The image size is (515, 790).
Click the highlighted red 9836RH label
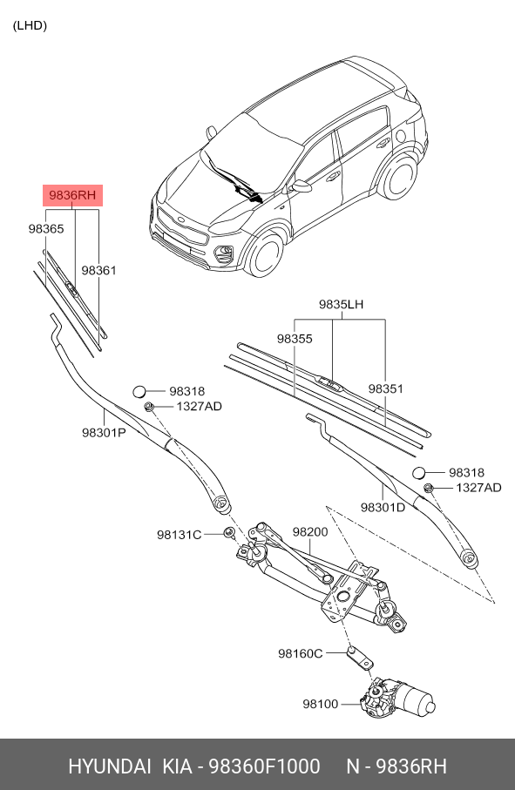coord(73,195)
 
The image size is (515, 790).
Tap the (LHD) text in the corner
coord(30,25)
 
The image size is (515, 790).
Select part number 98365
coord(46,228)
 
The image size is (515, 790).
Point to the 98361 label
coord(98,271)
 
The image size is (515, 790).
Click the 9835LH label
coord(341,305)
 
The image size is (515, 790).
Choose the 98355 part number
coord(295,338)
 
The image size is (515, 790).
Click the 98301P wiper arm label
coord(105,432)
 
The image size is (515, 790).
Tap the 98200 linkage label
coord(309,530)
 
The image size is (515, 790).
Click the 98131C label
coord(179,534)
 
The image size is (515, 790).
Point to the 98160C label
coord(300,653)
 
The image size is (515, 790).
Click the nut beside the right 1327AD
coord(428,488)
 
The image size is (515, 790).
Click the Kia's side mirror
coord(302,186)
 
